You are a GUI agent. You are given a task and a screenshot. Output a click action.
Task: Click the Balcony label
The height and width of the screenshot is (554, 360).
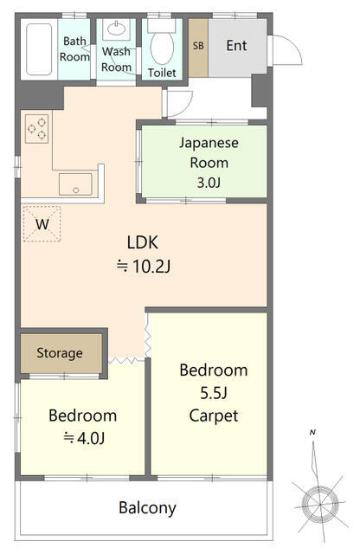tap(147, 508)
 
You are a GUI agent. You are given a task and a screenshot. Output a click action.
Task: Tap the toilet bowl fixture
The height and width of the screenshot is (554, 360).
tap(162, 43)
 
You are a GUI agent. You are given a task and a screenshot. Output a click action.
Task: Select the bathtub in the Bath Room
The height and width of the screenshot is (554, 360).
tap(39, 49)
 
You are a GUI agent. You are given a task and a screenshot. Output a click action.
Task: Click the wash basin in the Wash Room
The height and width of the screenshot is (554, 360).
tap(116, 29)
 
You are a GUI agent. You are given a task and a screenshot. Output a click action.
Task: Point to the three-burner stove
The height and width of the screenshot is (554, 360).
tap(36, 129)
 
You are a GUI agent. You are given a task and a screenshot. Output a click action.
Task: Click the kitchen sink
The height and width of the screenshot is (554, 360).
tap(75, 184)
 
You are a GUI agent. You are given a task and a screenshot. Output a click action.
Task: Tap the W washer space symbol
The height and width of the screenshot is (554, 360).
tap(42, 224)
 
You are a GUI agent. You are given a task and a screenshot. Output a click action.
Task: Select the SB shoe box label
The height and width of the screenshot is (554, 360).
tap(198, 46)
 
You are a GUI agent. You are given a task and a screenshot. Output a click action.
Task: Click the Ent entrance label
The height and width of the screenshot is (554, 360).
tap(236, 46)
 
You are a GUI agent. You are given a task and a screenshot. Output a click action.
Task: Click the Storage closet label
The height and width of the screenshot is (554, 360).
tap(60, 353)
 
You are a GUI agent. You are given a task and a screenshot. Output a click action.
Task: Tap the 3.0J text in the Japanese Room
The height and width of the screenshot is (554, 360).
tap(209, 183)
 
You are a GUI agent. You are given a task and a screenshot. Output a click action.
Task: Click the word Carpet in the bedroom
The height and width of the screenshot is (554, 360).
tap(214, 415)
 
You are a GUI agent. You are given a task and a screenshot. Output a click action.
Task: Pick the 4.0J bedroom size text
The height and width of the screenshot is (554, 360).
tap(91, 439)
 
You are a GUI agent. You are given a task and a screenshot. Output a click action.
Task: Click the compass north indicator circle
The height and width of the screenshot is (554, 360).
tap(319, 503)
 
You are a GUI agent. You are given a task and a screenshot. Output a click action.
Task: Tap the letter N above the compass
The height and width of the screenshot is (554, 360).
tap(312, 432)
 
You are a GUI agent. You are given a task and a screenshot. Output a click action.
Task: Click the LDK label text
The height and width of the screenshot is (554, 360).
tap(143, 242)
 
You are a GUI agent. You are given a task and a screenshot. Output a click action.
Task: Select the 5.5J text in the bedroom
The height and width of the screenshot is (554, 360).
tap(214, 393)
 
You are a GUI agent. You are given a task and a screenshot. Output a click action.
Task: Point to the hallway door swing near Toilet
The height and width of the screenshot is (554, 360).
tap(183, 106)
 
